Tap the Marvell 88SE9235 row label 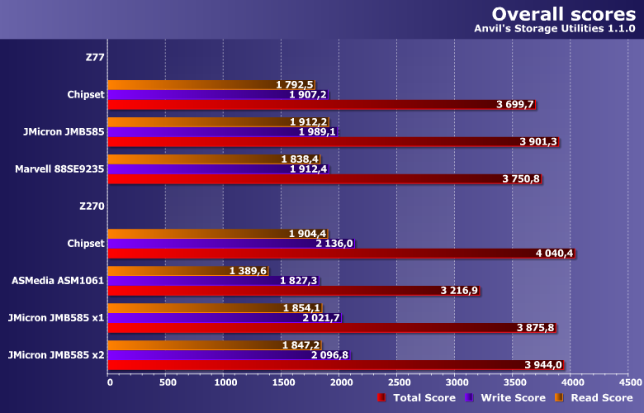coord(59,169)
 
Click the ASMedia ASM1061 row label coord(58,280)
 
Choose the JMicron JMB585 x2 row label coord(55,354)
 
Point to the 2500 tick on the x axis coord(397,382)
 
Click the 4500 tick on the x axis coord(628,382)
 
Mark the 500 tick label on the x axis coord(166,382)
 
